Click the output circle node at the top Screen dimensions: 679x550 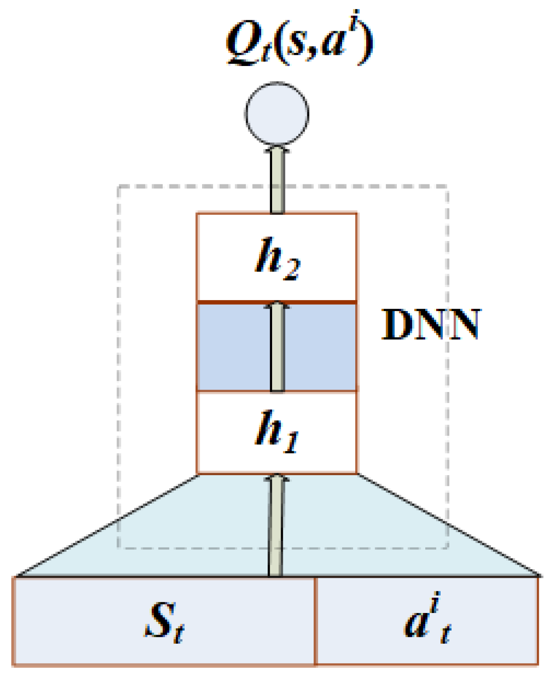(277, 113)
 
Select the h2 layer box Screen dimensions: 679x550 (277, 257)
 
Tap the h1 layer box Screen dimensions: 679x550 (277, 433)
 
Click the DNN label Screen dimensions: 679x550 (431, 325)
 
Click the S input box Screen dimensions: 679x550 (164, 621)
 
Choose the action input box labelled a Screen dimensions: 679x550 (427, 621)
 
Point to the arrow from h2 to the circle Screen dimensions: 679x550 (277, 181)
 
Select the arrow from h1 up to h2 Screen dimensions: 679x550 (277, 348)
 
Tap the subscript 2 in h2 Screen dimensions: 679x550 (291, 270)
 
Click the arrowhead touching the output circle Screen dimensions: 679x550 (277, 149)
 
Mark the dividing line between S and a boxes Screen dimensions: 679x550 (315, 621)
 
